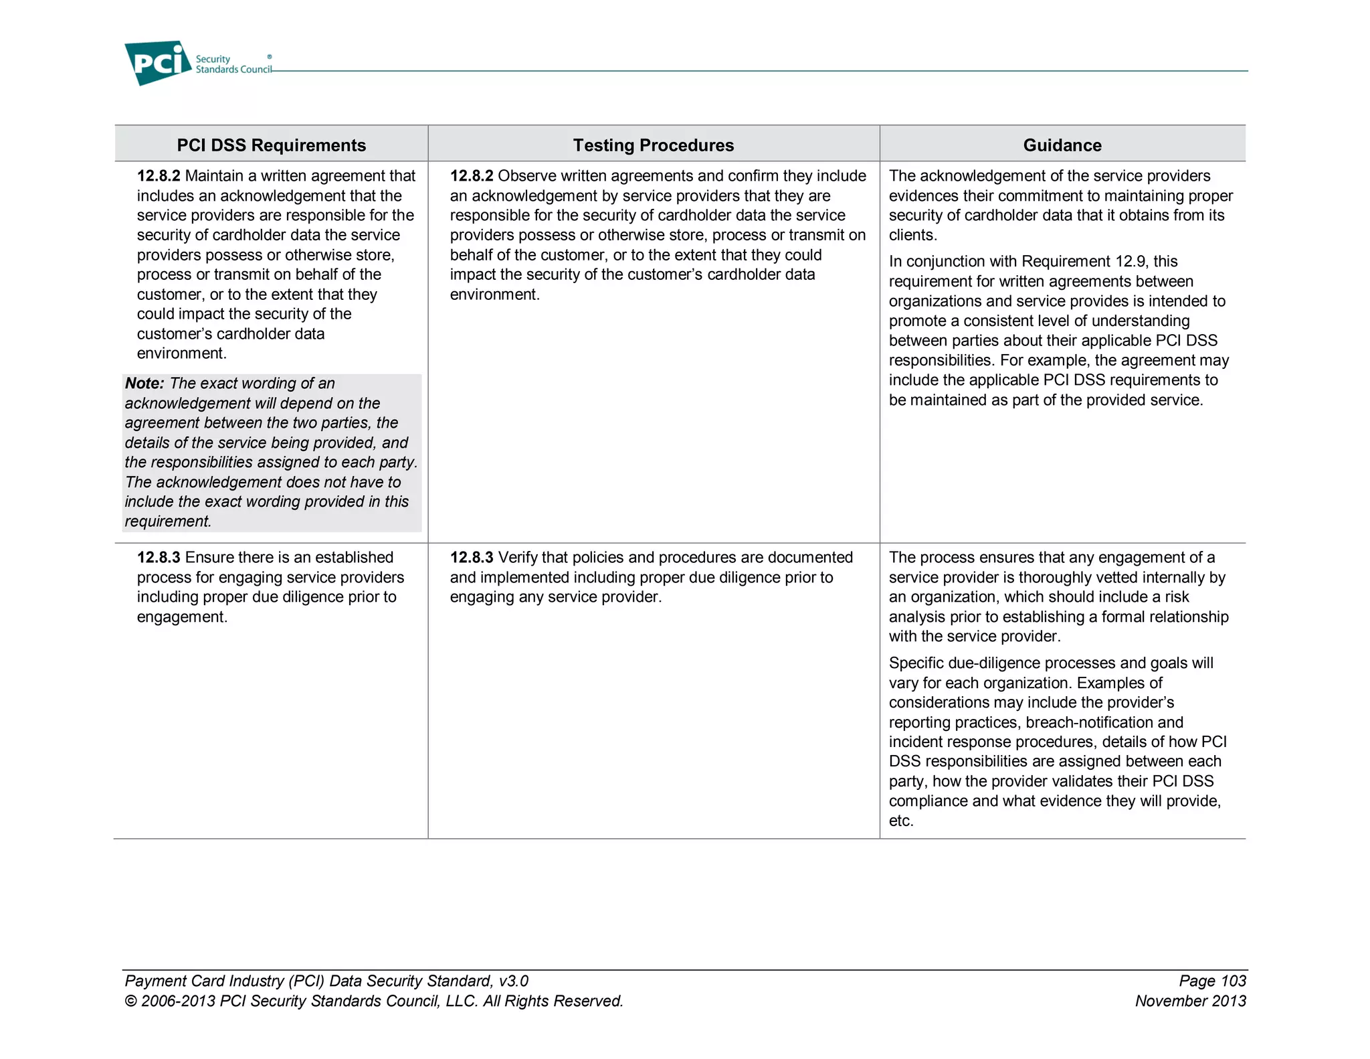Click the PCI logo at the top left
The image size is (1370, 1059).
tap(158, 63)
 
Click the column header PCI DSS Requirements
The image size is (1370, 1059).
tap(271, 145)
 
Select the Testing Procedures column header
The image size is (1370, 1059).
tap(653, 145)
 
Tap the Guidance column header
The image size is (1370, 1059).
tap(1062, 145)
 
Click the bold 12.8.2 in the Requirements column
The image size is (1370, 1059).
tap(159, 176)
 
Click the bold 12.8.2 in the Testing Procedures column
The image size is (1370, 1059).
tap(471, 176)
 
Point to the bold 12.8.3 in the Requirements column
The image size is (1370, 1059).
tap(159, 558)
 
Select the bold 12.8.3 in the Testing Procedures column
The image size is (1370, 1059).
tap(471, 558)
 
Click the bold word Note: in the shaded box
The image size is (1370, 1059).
tap(144, 384)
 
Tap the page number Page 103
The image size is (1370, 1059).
tap(1212, 981)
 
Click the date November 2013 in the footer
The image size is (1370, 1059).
tap(1190, 1001)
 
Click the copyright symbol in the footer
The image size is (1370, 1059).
tap(130, 1001)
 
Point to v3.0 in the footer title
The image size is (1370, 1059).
tap(514, 981)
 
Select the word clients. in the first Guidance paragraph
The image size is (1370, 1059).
tap(912, 236)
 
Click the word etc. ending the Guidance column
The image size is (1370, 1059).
tap(901, 821)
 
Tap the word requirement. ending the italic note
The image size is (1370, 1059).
tap(168, 521)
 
